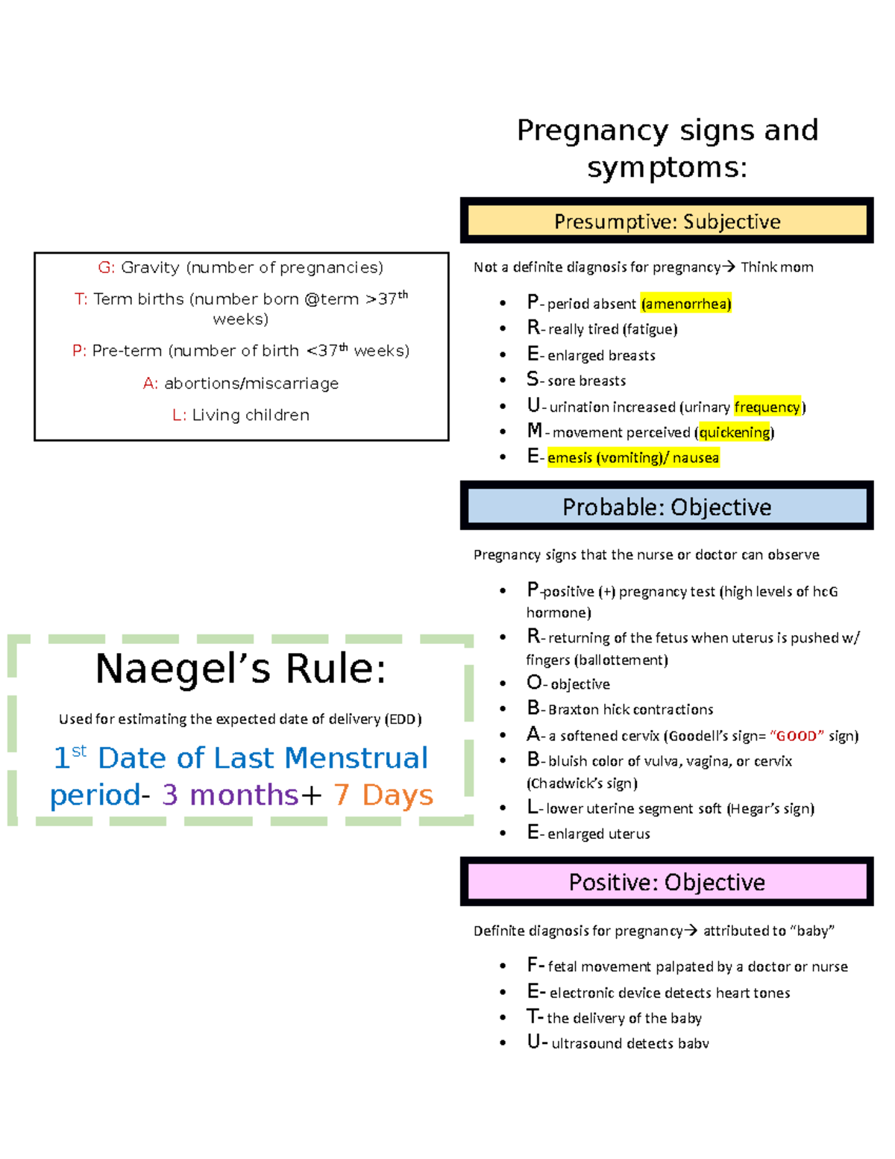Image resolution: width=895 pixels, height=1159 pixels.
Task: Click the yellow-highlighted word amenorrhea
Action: [686, 303]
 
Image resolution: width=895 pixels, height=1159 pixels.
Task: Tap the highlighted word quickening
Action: [735, 432]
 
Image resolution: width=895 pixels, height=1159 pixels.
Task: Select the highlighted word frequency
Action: [767, 407]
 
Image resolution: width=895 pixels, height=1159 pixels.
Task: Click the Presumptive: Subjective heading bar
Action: [667, 221]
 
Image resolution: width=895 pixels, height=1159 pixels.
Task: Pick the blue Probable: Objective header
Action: [667, 507]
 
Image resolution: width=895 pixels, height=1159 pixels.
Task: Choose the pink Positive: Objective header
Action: [667, 882]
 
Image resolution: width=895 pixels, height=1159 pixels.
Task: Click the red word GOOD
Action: [797, 736]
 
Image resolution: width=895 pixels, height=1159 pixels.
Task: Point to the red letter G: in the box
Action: [107, 267]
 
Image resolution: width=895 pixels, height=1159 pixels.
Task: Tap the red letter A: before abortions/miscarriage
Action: [151, 384]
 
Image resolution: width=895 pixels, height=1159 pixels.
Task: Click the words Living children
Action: [251, 415]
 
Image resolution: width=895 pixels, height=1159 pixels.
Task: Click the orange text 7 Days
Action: [383, 795]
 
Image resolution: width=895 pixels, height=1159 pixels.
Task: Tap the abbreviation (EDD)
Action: [403, 719]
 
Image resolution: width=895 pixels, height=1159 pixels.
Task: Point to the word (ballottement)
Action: [621, 660]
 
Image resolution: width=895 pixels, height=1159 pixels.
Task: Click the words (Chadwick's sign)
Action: [582, 784]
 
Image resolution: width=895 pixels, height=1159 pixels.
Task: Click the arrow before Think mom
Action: [729, 266]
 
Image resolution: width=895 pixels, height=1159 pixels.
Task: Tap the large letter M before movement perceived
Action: [534, 431]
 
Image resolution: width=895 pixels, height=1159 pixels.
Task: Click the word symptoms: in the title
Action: [667, 166]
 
